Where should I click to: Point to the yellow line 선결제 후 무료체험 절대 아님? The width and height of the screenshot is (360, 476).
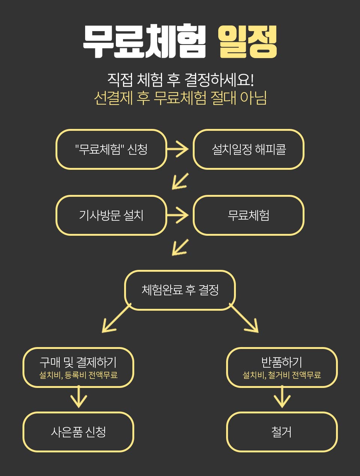tap(180, 98)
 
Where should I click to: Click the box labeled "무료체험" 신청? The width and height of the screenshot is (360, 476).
tap(111, 149)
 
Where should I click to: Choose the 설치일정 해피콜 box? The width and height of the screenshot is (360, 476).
tap(249, 149)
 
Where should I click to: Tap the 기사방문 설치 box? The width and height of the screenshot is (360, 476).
tap(111, 215)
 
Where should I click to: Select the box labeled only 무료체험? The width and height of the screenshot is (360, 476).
tap(249, 215)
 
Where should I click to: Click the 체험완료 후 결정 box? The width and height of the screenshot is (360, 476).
tap(180, 290)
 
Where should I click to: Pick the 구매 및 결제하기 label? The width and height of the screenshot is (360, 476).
tap(78, 362)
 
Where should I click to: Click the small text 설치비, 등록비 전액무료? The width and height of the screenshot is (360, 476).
tap(78, 375)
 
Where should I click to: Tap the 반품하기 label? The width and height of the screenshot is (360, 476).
tap(282, 362)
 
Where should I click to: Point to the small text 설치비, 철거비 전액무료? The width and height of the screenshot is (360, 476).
tap(282, 375)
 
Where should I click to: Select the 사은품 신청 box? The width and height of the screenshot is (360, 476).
tap(78, 432)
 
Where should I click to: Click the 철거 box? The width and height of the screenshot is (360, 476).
tap(282, 432)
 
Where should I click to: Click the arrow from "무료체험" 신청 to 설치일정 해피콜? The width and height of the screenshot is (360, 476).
tap(178, 149)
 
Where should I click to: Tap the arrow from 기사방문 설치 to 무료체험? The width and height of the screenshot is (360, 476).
tap(178, 215)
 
